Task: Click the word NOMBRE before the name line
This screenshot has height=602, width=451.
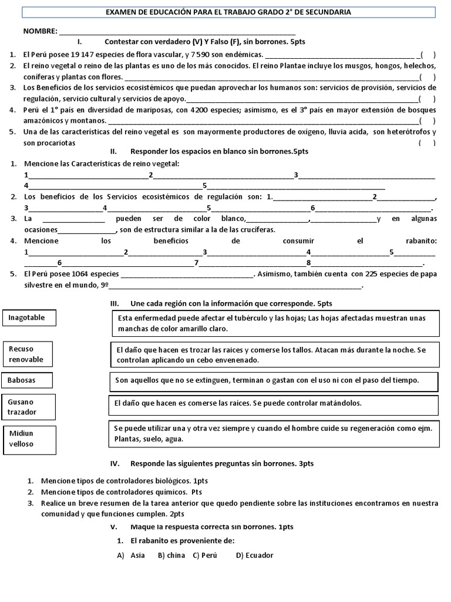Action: [40, 31]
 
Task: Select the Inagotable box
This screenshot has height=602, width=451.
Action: [31, 318]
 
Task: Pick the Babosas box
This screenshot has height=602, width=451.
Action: [27, 380]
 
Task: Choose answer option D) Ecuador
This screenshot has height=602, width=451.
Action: [254, 555]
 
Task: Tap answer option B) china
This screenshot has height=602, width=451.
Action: [171, 555]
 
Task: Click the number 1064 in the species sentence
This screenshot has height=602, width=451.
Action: [68, 274]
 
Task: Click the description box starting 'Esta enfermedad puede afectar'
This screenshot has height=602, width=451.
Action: [275, 323]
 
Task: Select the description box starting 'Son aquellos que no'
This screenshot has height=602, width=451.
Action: [275, 380]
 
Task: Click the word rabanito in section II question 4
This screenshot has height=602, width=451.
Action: [421, 241]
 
